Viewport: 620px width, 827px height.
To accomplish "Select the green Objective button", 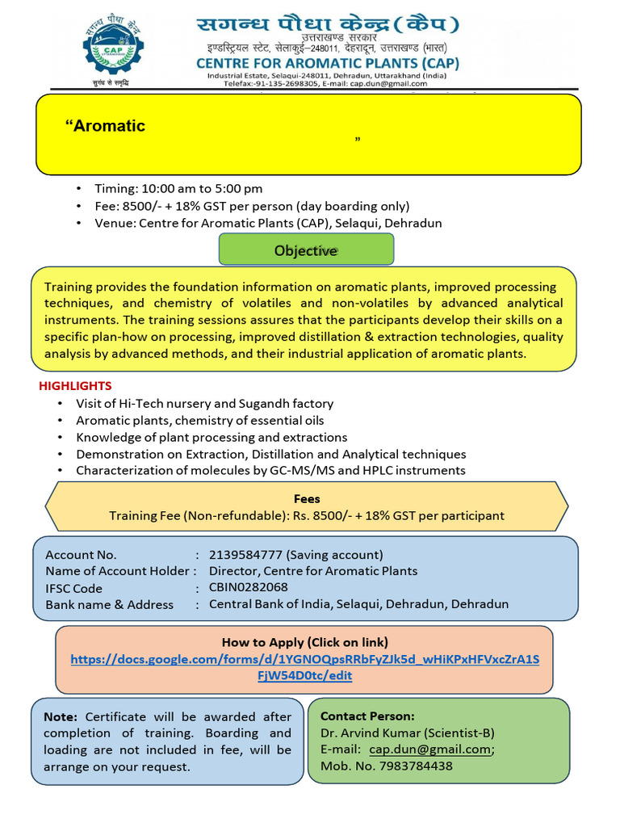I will (x=306, y=250).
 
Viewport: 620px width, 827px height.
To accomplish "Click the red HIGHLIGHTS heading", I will (x=75, y=386).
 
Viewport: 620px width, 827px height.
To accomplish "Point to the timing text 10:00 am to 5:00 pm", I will (x=202, y=189).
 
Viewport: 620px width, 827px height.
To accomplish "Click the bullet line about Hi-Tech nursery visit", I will (x=204, y=403).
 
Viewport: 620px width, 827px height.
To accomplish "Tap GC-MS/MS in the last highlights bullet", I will (x=291, y=470).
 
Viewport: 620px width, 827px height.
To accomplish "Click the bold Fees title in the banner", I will (x=307, y=499).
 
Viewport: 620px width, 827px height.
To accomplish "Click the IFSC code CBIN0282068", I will (x=248, y=587).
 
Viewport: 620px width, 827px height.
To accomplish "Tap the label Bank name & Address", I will (x=109, y=604).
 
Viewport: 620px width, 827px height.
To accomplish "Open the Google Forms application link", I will (x=305, y=667).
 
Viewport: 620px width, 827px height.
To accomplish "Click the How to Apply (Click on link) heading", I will (x=305, y=642).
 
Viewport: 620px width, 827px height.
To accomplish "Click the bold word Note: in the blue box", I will (x=61, y=716).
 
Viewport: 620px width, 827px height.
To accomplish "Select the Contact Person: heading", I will (x=367, y=716).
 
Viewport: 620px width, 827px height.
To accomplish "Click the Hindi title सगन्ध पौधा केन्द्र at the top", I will (x=315, y=26).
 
